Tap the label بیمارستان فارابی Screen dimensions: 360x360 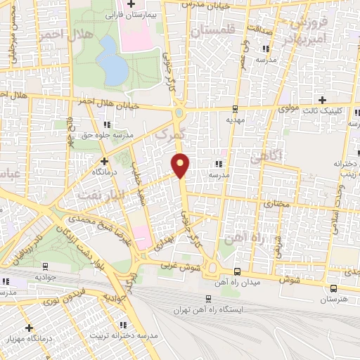[x=133, y=13]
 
